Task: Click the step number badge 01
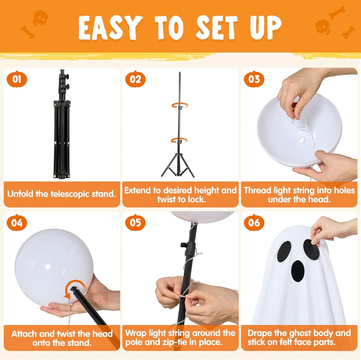(x=17, y=79)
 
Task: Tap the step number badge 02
(x=135, y=79)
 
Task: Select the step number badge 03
(x=254, y=79)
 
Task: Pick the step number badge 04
(x=17, y=222)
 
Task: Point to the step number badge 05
(x=135, y=222)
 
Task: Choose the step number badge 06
(x=254, y=222)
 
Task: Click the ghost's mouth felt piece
(x=298, y=271)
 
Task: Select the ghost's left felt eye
(x=284, y=251)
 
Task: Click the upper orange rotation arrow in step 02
(x=179, y=105)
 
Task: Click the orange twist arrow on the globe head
(x=75, y=288)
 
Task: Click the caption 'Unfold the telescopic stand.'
(x=62, y=194)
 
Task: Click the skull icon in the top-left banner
(x=41, y=18)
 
